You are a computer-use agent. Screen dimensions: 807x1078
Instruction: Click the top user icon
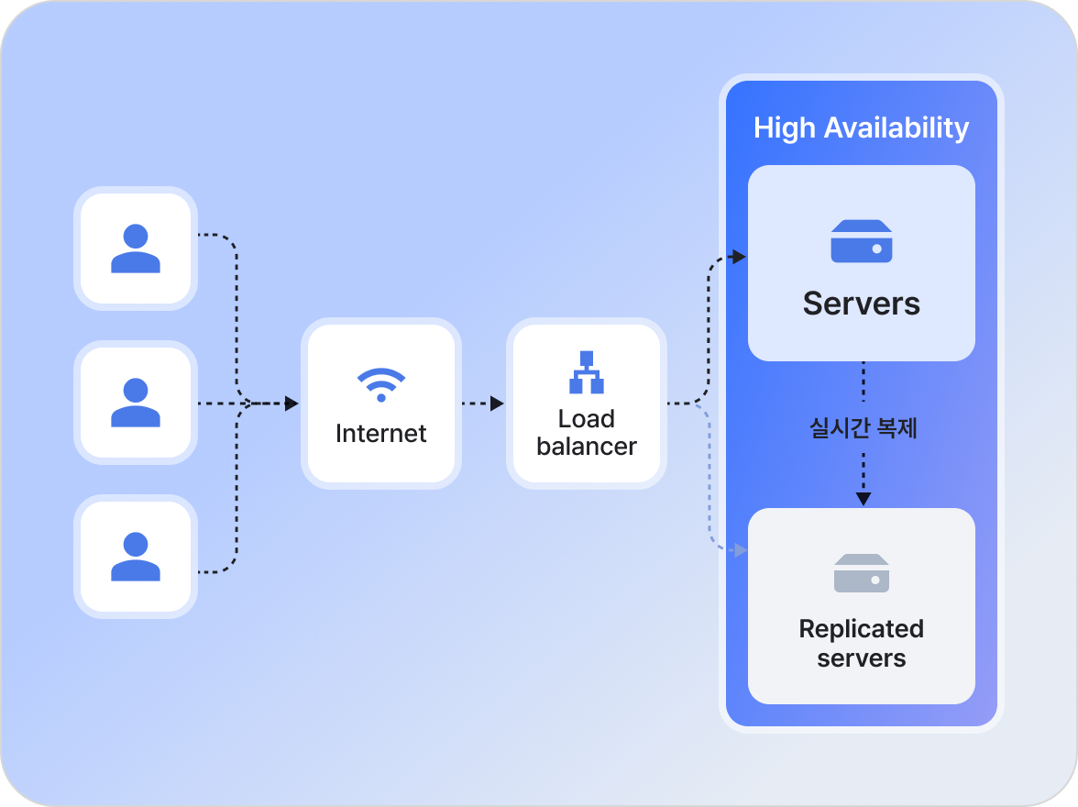click(136, 249)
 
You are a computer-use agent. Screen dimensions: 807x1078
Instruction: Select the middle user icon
click(136, 403)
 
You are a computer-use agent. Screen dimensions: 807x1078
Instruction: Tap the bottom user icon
click(136, 557)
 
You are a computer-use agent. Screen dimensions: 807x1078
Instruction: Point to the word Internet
click(381, 433)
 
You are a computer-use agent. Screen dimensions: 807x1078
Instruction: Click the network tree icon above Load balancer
click(587, 371)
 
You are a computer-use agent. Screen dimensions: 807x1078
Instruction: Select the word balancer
click(587, 447)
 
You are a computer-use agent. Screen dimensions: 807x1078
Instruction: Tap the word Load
click(587, 419)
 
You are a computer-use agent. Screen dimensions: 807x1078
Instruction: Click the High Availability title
click(861, 127)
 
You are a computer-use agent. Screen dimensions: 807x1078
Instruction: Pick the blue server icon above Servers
click(862, 241)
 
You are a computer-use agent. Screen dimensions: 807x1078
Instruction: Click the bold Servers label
click(862, 304)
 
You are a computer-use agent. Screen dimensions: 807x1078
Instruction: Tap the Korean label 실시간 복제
click(863, 427)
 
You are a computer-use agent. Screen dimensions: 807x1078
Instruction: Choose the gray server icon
click(862, 573)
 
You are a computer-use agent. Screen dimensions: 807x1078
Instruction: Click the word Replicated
click(862, 629)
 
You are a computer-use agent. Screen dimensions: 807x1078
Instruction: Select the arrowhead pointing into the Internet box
click(292, 403)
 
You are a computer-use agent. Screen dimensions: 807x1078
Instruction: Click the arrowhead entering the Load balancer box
click(498, 403)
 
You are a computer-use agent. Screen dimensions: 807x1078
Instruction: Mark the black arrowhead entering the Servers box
click(740, 257)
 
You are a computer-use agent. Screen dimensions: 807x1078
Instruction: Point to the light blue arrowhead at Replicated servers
click(741, 550)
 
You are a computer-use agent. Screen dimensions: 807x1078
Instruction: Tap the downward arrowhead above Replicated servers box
click(863, 499)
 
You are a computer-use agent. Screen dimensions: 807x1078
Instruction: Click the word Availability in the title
click(896, 127)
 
